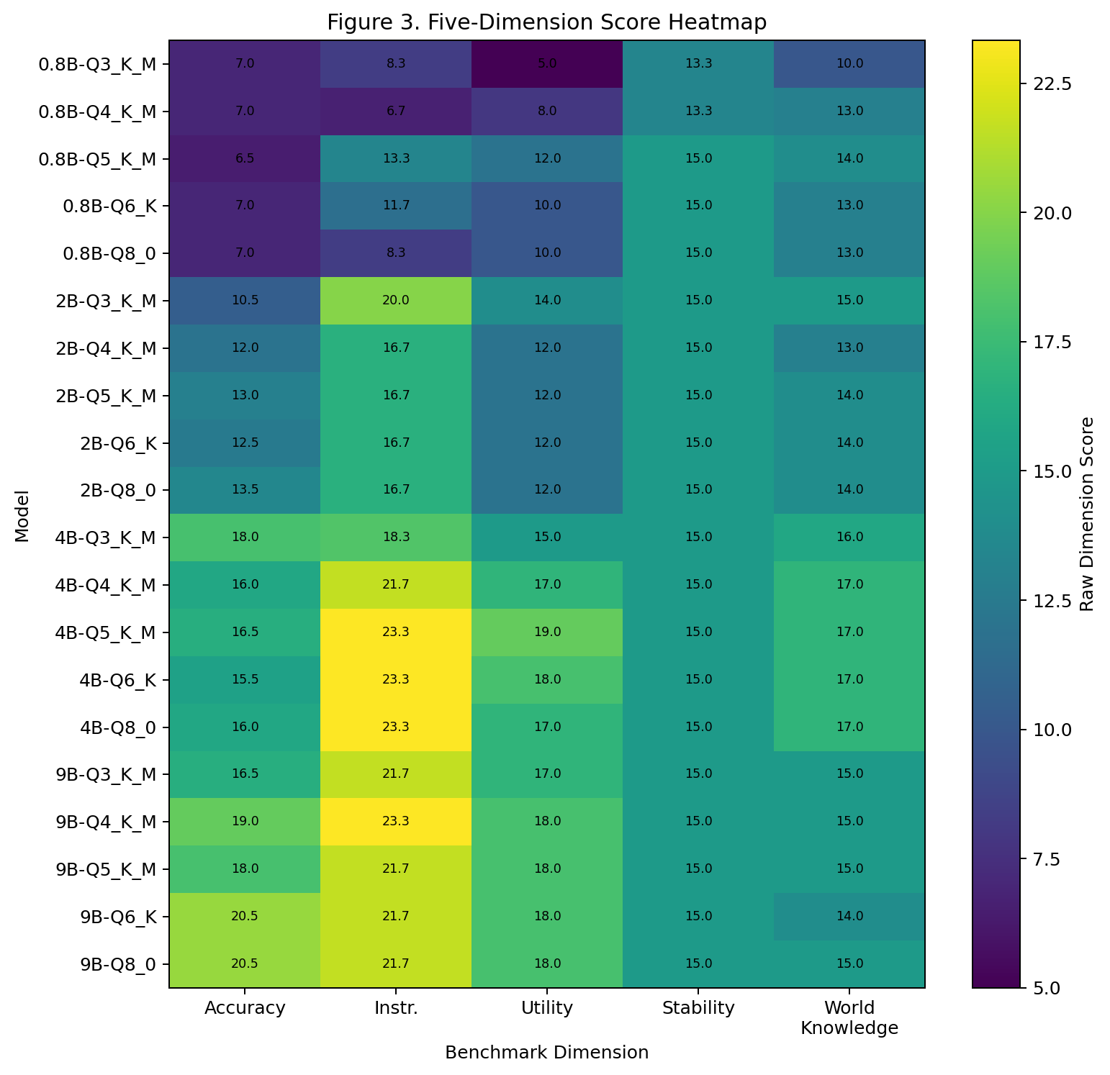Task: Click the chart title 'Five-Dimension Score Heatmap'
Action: click(x=546, y=22)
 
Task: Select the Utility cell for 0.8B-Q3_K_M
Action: click(x=547, y=64)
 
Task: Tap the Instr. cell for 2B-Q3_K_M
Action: click(x=396, y=301)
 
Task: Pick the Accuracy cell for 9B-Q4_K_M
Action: click(x=245, y=821)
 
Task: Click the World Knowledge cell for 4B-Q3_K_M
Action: click(x=849, y=537)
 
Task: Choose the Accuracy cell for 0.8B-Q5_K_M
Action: click(x=245, y=159)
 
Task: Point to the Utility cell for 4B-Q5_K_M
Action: click(x=547, y=632)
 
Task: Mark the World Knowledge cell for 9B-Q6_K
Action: click(x=849, y=916)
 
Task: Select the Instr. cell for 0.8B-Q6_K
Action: click(x=396, y=206)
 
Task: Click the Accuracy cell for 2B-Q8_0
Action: click(x=245, y=490)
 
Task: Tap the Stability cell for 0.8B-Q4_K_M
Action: click(x=698, y=112)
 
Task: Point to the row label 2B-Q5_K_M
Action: click(x=106, y=396)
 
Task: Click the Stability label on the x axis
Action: click(x=698, y=1008)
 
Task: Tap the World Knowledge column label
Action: click(x=849, y=1017)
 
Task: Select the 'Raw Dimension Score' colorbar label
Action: click(x=1088, y=514)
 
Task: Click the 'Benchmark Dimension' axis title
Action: click(x=546, y=1053)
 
